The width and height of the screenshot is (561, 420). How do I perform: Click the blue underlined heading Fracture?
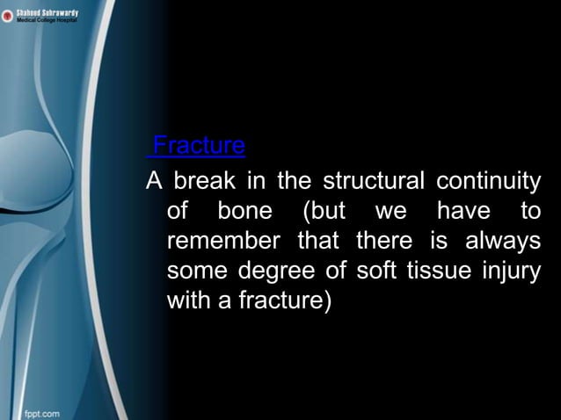tap(198, 145)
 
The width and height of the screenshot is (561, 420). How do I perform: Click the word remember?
tap(223, 242)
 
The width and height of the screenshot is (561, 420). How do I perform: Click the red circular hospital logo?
tap(8, 15)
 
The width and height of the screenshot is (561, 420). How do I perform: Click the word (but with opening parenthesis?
tap(323, 213)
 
